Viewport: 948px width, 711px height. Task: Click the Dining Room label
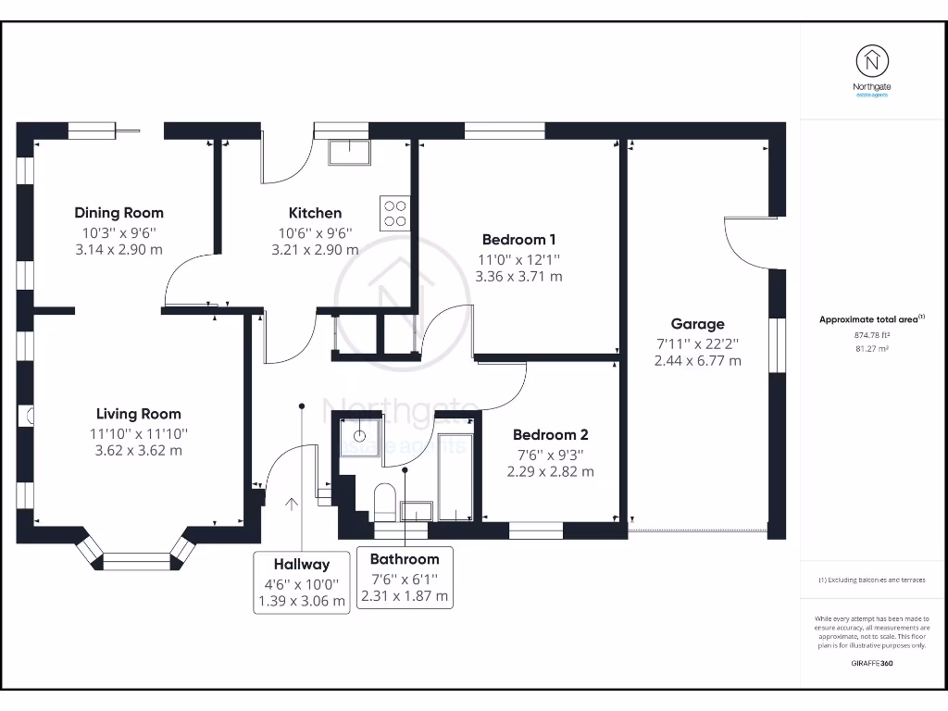point(119,213)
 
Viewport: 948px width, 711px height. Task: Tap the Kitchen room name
point(315,213)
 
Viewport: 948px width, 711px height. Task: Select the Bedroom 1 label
point(518,240)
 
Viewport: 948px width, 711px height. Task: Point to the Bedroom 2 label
point(550,435)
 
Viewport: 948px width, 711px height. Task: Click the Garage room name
point(698,324)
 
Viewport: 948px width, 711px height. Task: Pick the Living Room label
point(139,414)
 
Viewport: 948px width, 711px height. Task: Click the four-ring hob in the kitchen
point(394,214)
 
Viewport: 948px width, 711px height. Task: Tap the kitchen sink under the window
point(349,153)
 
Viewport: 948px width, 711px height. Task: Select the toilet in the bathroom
point(385,502)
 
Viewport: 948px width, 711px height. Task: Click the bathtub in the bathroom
point(455,477)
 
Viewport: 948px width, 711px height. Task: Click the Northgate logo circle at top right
point(872,61)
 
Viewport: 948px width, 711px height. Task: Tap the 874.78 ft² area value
point(872,335)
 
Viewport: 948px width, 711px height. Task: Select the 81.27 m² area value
point(872,349)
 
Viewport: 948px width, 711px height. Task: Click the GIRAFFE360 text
point(872,663)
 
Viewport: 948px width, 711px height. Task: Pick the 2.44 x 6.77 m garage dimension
point(698,361)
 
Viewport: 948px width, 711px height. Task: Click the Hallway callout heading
point(302,565)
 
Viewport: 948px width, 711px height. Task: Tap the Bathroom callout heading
point(405,559)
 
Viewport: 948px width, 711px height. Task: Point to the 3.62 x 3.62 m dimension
point(139,451)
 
